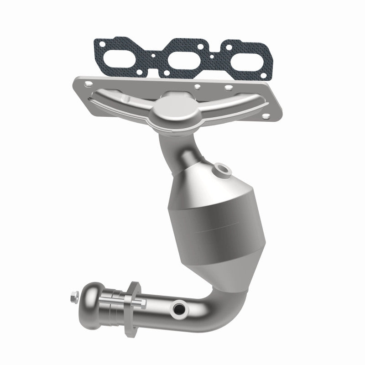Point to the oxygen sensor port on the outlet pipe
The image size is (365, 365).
click(x=177, y=310)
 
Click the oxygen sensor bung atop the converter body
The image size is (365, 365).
click(x=223, y=170)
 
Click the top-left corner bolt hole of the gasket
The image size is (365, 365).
click(x=97, y=44)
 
